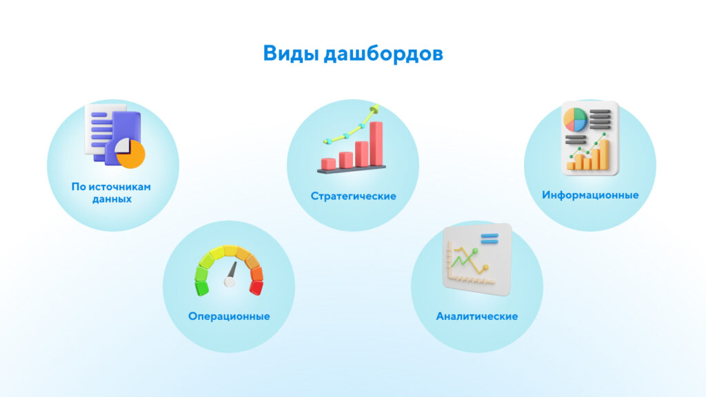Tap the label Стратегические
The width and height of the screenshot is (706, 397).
pos(353,196)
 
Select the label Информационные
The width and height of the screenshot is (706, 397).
pos(590,195)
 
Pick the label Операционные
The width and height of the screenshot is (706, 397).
pos(229,316)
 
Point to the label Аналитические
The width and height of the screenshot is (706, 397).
pos(477,316)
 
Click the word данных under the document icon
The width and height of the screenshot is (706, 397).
pos(112,199)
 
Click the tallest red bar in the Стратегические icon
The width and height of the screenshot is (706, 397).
pos(376,143)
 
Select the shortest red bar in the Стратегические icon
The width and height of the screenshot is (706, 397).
pos(329,163)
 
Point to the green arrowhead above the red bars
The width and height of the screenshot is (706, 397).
pos(375,108)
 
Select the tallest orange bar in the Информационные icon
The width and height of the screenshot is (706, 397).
pos(603,154)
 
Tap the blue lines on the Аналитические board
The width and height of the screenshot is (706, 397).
pos(490,239)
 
